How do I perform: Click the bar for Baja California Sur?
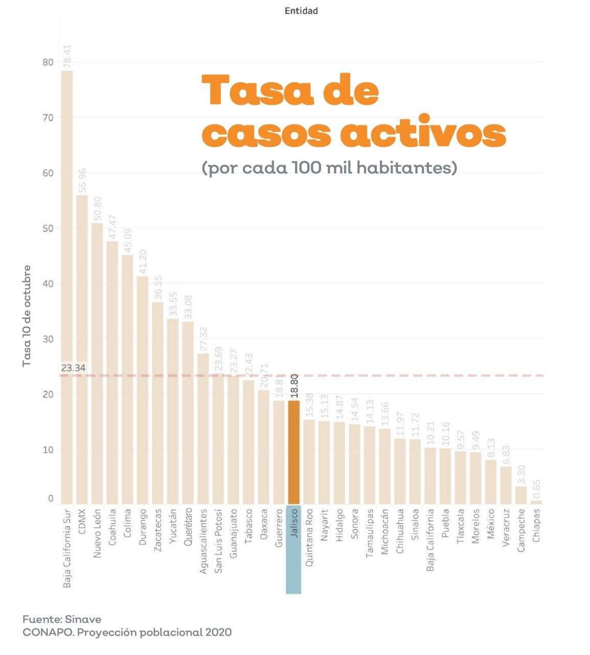coord(67,287)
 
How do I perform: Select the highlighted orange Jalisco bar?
coord(293,452)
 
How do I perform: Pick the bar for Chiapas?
coord(536,502)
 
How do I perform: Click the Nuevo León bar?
coord(97,363)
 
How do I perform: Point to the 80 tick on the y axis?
coord(48,62)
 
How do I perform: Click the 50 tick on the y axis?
coord(48,228)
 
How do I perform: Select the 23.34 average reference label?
coord(73,368)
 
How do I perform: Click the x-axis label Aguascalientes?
coord(203,540)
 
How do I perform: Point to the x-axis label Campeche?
coord(521,530)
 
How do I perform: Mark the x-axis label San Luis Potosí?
coord(218,540)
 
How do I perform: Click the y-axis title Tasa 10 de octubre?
coord(27,315)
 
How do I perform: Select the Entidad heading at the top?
coord(301,11)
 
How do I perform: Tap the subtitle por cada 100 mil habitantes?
coord(329,168)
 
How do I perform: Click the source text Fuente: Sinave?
coord(62,619)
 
